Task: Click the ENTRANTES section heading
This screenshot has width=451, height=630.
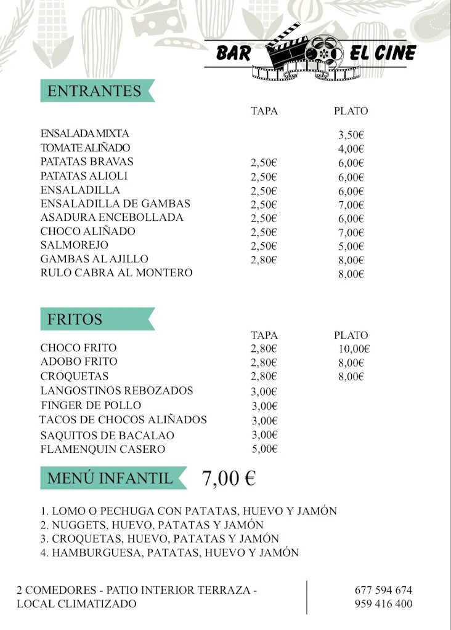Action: [x=94, y=91]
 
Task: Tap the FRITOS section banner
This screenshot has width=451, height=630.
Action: [x=75, y=320]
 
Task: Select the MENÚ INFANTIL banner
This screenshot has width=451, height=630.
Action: [x=110, y=478]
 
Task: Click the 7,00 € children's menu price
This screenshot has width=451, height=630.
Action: [x=229, y=478]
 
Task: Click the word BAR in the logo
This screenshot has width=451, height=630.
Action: [x=234, y=54]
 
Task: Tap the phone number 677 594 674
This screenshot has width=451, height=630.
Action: [x=383, y=590]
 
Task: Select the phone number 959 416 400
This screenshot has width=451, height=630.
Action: [x=383, y=604]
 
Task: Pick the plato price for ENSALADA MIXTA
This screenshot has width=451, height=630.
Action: [x=351, y=135]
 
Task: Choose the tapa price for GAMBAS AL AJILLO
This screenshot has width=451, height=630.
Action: [x=264, y=260]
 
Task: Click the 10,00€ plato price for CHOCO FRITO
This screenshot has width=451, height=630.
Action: [x=354, y=349]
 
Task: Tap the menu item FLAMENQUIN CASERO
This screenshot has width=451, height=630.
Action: [x=103, y=449]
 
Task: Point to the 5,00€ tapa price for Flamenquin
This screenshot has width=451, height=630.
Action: [x=264, y=449]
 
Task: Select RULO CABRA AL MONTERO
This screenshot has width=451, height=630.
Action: [x=116, y=273]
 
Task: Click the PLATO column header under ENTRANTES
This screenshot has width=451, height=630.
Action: [x=351, y=111]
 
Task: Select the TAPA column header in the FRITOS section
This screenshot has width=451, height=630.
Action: [x=264, y=335]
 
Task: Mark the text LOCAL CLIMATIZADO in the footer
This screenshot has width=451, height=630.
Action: [x=76, y=604]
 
